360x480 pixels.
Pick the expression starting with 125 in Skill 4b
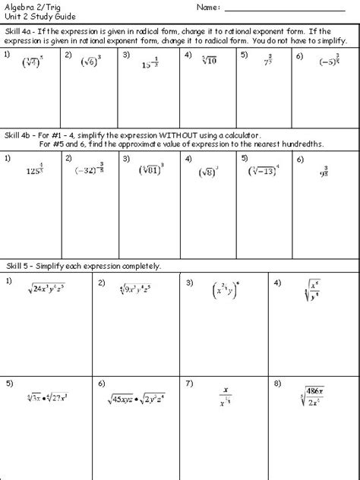click(33, 172)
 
